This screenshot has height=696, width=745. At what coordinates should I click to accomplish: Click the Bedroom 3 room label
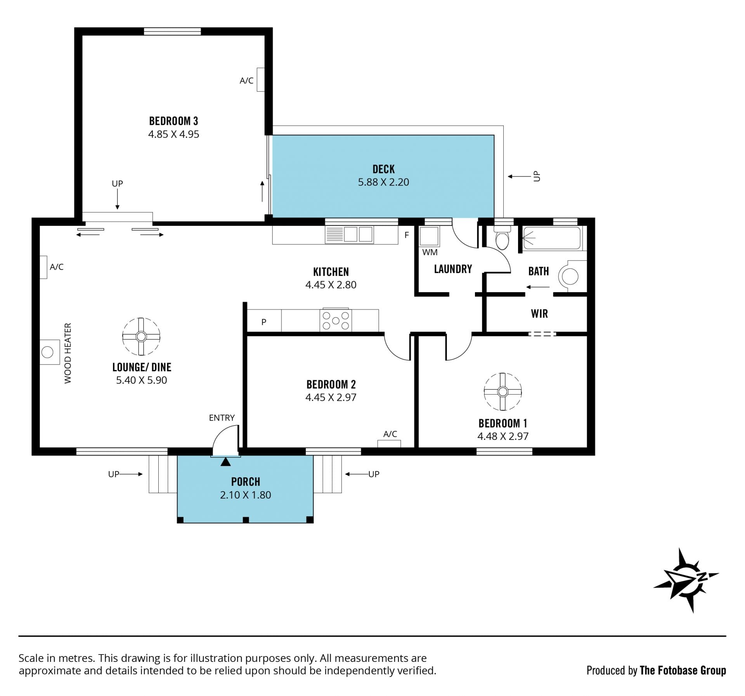click(x=173, y=121)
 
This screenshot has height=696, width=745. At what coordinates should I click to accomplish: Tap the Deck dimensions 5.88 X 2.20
click(x=383, y=182)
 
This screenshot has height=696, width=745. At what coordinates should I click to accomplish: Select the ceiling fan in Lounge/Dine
click(x=141, y=336)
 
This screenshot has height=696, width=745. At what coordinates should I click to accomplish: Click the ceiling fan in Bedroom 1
click(x=503, y=391)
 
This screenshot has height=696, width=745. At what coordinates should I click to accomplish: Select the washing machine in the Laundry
click(x=430, y=237)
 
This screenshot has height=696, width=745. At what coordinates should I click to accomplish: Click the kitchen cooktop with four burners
click(x=336, y=320)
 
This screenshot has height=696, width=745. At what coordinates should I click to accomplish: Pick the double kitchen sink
click(x=349, y=234)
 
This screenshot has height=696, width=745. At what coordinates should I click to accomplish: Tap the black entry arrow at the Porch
click(x=225, y=461)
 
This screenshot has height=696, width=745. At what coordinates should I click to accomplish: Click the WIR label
click(x=539, y=314)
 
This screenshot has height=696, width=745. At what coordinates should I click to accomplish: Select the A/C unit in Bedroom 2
click(x=389, y=443)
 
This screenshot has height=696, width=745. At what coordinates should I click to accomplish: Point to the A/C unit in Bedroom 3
click(x=261, y=80)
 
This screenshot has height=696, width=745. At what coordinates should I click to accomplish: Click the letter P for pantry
click(x=264, y=322)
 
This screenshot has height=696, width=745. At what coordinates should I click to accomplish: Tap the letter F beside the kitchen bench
click(x=407, y=235)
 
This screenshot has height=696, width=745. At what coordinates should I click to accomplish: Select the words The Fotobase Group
click(x=683, y=670)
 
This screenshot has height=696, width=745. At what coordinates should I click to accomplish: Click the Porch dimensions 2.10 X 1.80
click(x=245, y=495)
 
